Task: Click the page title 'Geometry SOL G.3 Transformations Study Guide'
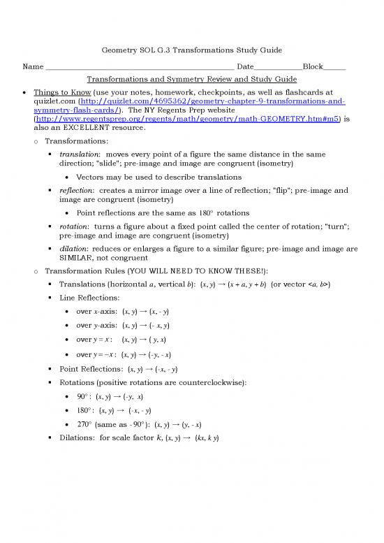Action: (x=192, y=51)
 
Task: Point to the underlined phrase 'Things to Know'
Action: (x=61, y=91)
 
